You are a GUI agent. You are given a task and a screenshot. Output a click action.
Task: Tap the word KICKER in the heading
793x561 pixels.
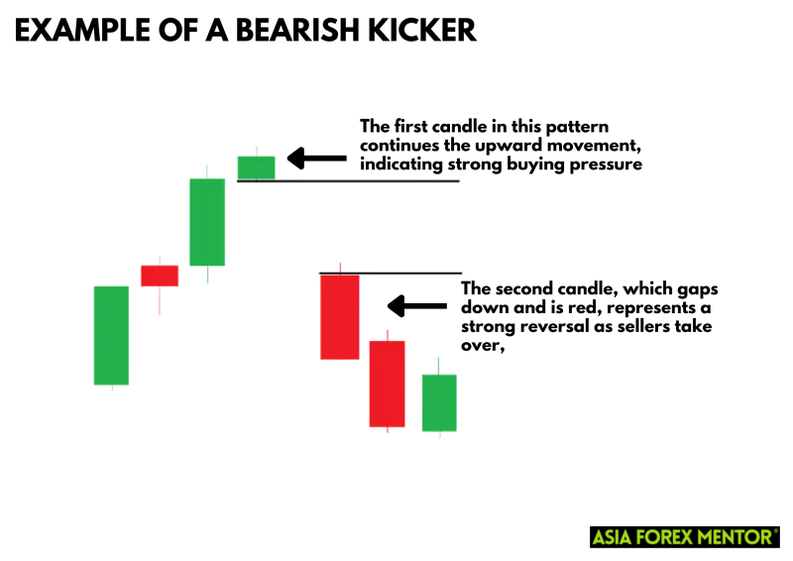(422, 30)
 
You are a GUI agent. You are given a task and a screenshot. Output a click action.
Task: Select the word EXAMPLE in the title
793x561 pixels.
(82, 30)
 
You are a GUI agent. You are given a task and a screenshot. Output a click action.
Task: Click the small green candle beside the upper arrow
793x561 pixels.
(257, 167)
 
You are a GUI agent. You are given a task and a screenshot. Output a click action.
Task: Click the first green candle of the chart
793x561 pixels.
(111, 335)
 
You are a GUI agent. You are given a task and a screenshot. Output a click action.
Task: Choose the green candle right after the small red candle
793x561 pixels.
(207, 222)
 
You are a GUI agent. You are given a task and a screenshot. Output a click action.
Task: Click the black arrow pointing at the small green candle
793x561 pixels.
(317, 159)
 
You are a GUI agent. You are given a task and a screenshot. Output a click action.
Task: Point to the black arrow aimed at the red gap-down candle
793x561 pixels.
(417, 306)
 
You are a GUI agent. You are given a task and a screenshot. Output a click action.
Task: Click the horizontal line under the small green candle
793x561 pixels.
(349, 181)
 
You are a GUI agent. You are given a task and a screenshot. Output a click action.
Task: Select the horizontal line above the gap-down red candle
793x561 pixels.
(391, 274)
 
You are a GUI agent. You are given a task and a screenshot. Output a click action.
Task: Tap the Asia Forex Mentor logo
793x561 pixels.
(685, 537)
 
